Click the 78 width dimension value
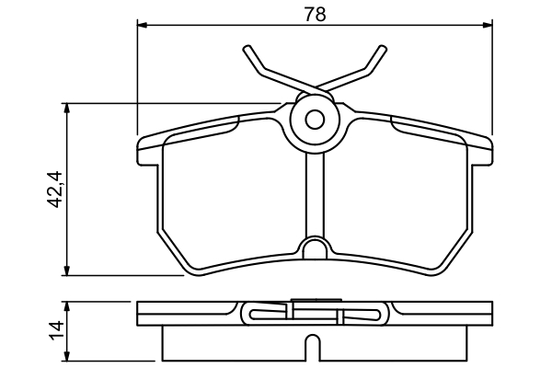click(x=315, y=15)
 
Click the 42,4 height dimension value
click(x=54, y=190)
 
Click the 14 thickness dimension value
click(x=56, y=330)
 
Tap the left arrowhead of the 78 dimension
click(x=142, y=25)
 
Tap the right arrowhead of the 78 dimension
click(x=488, y=25)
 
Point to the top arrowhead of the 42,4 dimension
click(x=67, y=108)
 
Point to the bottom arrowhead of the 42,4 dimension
click(x=67, y=270)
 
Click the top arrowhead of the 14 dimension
click(x=67, y=306)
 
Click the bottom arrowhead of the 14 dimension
click(x=67, y=356)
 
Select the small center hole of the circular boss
click(x=315, y=120)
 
